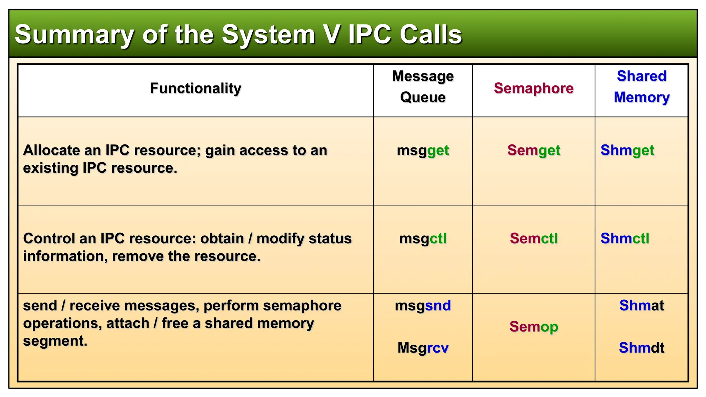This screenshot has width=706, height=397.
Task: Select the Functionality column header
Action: (x=195, y=89)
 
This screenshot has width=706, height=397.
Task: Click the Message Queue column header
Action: (x=423, y=87)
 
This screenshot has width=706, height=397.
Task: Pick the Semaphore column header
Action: (x=533, y=89)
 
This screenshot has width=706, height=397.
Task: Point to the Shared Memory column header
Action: (x=641, y=87)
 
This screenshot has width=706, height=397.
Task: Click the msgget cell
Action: (x=423, y=151)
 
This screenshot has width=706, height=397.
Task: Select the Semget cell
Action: (x=533, y=151)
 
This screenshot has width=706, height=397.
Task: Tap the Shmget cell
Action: (x=627, y=151)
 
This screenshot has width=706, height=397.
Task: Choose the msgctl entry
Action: (x=423, y=238)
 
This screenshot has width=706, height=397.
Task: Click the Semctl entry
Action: (x=533, y=238)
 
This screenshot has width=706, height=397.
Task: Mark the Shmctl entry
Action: (x=625, y=238)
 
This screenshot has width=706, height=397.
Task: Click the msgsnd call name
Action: (x=423, y=306)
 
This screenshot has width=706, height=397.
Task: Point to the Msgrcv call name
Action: (x=423, y=348)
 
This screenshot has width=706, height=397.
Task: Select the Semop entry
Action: (x=533, y=327)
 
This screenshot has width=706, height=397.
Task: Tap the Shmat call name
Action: (x=641, y=306)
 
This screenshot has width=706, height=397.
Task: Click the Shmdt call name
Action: (x=641, y=348)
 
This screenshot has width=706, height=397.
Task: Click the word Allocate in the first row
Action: (x=51, y=151)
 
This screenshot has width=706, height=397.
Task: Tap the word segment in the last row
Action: (x=55, y=342)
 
